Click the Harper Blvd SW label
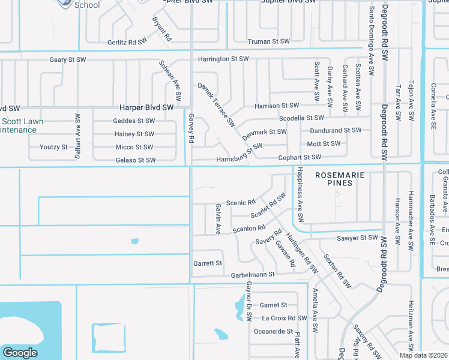pos(146,107)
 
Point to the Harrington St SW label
pos(223,59)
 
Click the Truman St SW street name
pos(268,41)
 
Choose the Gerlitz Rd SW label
pos(127,42)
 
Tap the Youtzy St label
pos(54,147)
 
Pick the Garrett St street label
pos(208,263)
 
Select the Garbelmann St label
pos(252,274)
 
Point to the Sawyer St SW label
pos(357,238)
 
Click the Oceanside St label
pos(273,331)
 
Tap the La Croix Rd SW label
pos(285,318)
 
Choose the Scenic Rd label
pos(241,202)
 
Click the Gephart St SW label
pos(300,157)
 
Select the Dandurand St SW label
pos(336,130)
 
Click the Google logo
pos(20,353)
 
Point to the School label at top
pos(87,4)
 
